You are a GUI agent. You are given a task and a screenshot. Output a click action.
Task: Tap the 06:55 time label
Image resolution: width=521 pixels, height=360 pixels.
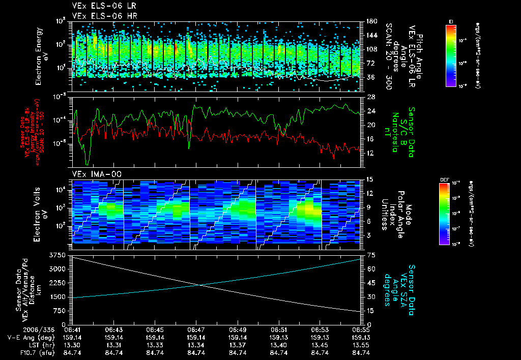click(x=361, y=329)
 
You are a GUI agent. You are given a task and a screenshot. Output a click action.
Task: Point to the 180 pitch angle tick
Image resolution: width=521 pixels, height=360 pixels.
click(x=367, y=21)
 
